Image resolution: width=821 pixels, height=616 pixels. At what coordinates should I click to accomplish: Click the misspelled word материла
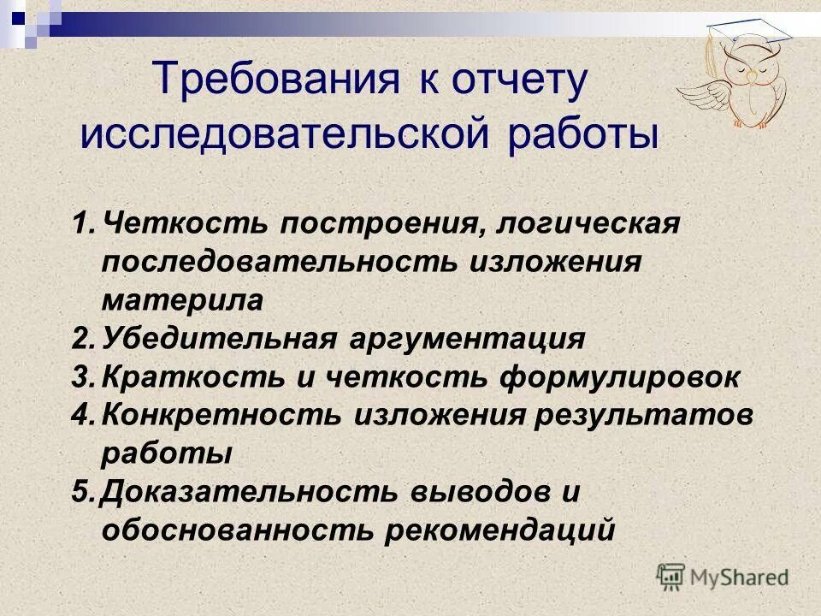coord(183,300)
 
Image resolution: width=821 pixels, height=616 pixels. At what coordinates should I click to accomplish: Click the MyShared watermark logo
coord(723,577)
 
